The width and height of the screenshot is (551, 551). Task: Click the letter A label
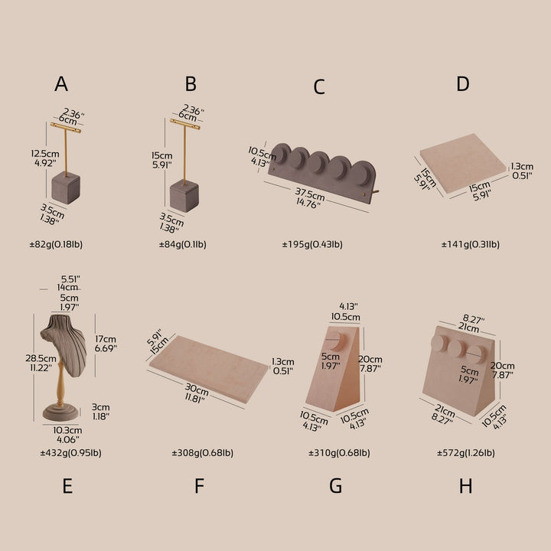[61, 84]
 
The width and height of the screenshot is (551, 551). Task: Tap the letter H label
[465, 486]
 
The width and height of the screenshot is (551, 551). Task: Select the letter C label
[318, 86]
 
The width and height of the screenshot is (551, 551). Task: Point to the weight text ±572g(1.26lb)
[466, 452]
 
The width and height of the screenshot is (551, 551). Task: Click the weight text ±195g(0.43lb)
[312, 244]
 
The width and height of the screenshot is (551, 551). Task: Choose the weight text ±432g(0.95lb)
[70, 452]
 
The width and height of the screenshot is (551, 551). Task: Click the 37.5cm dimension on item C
[310, 194]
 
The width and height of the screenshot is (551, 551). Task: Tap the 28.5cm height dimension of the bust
[41, 358]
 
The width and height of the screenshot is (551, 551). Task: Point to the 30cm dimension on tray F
[197, 390]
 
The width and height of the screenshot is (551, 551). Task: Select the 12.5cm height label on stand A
[45, 154]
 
